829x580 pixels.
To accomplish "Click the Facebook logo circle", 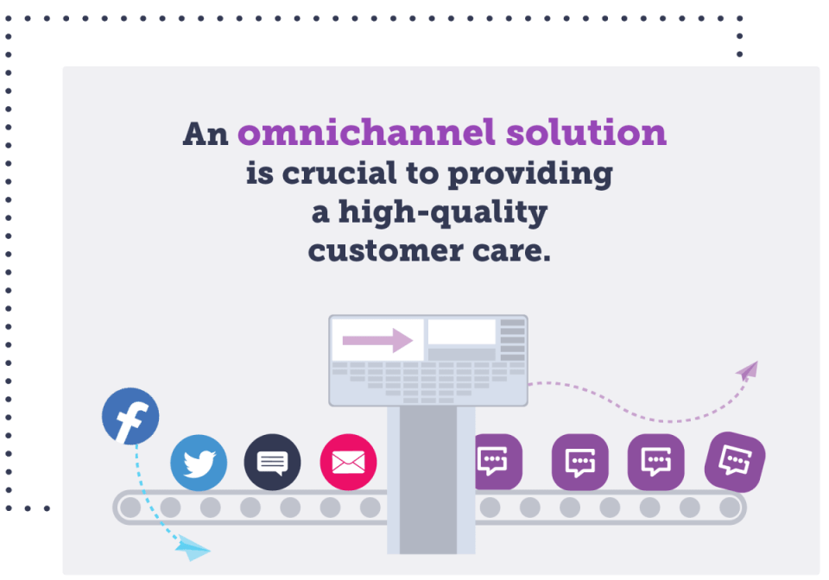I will [x=130, y=417].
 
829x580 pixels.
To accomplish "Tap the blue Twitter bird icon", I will [x=199, y=463].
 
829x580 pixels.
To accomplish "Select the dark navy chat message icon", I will [x=273, y=463].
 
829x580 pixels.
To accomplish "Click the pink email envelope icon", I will [x=348, y=463].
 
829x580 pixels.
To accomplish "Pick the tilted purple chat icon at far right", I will [x=735, y=461].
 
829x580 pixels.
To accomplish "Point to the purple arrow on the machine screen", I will [x=377, y=340].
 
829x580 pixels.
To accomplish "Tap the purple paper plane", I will [x=747, y=371].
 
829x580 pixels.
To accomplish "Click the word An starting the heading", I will [x=205, y=134].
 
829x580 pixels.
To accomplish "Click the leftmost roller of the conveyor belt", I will [x=130, y=507].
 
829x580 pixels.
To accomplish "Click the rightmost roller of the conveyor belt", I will [x=730, y=507].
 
